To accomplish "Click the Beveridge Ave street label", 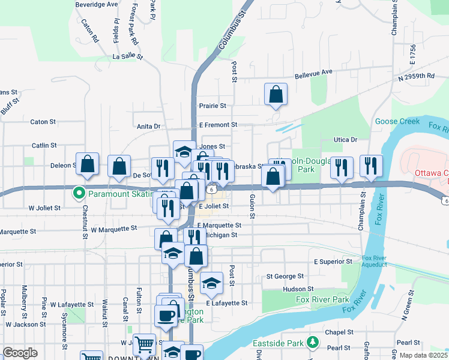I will click(x=96, y=4).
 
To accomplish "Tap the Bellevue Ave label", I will click(x=313, y=72).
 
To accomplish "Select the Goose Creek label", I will click(x=397, y=121).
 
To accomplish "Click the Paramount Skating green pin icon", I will click(x=78, y=193).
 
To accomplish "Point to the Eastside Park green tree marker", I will click(x=312, y=342).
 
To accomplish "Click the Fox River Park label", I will click(x=322, y=299).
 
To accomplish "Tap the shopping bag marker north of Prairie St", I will click(x=276, y=94).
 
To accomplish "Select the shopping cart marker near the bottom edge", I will click(x=144, y=345).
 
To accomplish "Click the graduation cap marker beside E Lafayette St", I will click(x=211, y=283).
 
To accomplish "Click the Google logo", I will click(x=20, y=353).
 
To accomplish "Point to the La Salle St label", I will click(x=128, y=57).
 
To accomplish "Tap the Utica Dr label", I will click(x=345, y=139).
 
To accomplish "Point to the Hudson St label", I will click(x=294, y=289).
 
